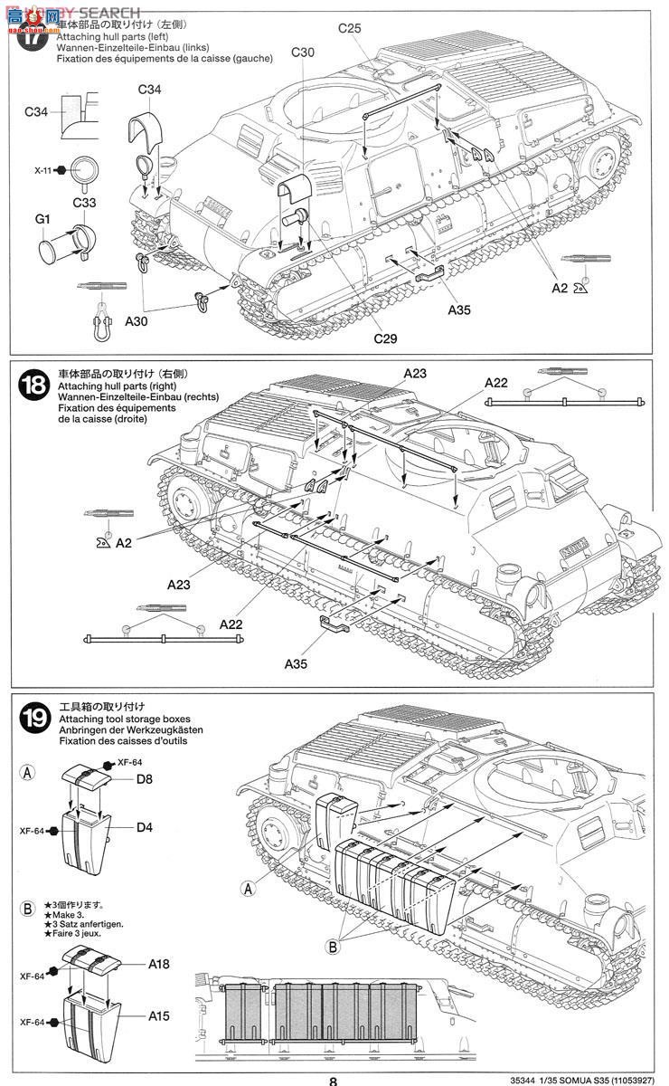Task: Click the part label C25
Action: [350, 29]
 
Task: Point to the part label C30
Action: [303, 52]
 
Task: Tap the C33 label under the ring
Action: [84, 203]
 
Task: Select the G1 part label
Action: [42, 218]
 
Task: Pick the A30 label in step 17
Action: [137, 320]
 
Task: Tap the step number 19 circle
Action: [33, 719]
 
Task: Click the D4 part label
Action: [146, 826]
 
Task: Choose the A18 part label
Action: [159, 965]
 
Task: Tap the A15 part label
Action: [159, 1016]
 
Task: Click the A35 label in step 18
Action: [297, 663]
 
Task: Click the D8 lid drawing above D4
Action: [88, 775]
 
